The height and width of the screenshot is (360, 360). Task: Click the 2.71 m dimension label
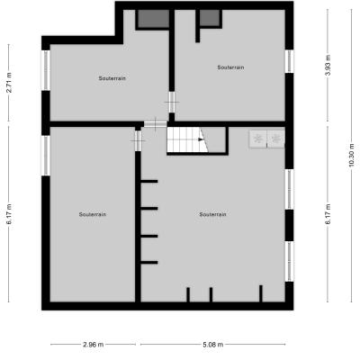(x=10, y=83)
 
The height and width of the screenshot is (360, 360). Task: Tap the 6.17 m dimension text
(x=10, y=214)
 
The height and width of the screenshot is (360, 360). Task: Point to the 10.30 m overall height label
(x=352, y=156)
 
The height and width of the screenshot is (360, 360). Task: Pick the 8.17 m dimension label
(x=328, y=214)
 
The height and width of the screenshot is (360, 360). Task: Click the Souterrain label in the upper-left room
(x=112, y=78)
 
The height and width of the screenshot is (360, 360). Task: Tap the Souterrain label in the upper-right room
(x=230, y=67)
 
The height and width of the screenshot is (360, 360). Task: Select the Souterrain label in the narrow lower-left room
(x=93, y=214)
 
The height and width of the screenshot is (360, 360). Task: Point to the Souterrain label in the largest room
(x=212, y=214)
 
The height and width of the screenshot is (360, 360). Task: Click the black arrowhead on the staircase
(x=201, y=139)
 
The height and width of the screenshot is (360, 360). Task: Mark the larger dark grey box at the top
(x=153, y=19)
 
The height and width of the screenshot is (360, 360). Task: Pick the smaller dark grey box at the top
(x=210, y=17)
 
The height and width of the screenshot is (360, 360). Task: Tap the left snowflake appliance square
(x=257, y=139)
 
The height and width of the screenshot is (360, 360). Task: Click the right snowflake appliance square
(x=275, y=139)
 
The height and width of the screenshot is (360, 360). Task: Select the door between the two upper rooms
(x=172, y=102)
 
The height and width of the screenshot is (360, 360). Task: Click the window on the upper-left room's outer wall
(x=46, y=70)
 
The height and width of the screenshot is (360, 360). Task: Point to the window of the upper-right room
(x=289, y=61)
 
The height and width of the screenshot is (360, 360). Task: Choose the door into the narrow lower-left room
(x=138, y=140)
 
